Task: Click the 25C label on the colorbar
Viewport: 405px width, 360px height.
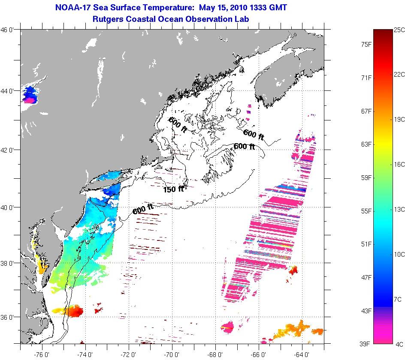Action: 399,30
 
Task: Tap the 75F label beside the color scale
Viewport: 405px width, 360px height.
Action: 366,44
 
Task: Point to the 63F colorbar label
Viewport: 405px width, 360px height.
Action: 366,144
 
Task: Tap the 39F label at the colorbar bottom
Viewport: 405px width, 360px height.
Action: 366,344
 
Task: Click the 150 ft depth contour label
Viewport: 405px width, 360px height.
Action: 173,189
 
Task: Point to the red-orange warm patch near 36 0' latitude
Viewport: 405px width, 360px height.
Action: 69,312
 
